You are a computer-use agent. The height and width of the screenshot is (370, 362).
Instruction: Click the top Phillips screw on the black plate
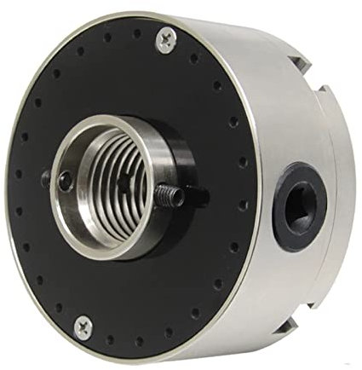coord(166,38)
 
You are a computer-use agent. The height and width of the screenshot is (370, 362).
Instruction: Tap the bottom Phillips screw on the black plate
coord(83,326)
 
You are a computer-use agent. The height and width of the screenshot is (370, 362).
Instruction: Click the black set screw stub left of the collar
coord(45,179)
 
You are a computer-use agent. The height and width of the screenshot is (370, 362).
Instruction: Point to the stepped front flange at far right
coord(341,171)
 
